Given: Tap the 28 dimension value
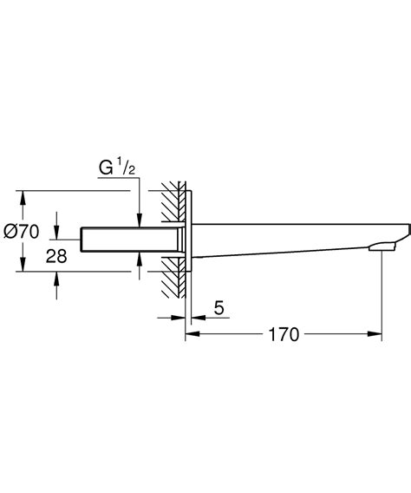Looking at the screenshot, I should click(x=32, y=257).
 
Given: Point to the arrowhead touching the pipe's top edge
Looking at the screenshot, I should click(x=140, y=221).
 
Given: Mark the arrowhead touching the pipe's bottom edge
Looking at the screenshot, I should click(x=140, y=259).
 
